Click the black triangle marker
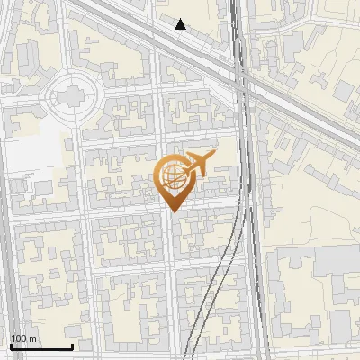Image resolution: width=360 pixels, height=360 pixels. pos(181,24)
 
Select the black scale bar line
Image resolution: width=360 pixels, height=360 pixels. pos(41,346)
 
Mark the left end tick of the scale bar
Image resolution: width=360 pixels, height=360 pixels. pos(11,345)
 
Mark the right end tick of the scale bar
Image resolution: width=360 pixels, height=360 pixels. pos(72,345)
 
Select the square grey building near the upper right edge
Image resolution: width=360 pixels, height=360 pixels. pos(344,90)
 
